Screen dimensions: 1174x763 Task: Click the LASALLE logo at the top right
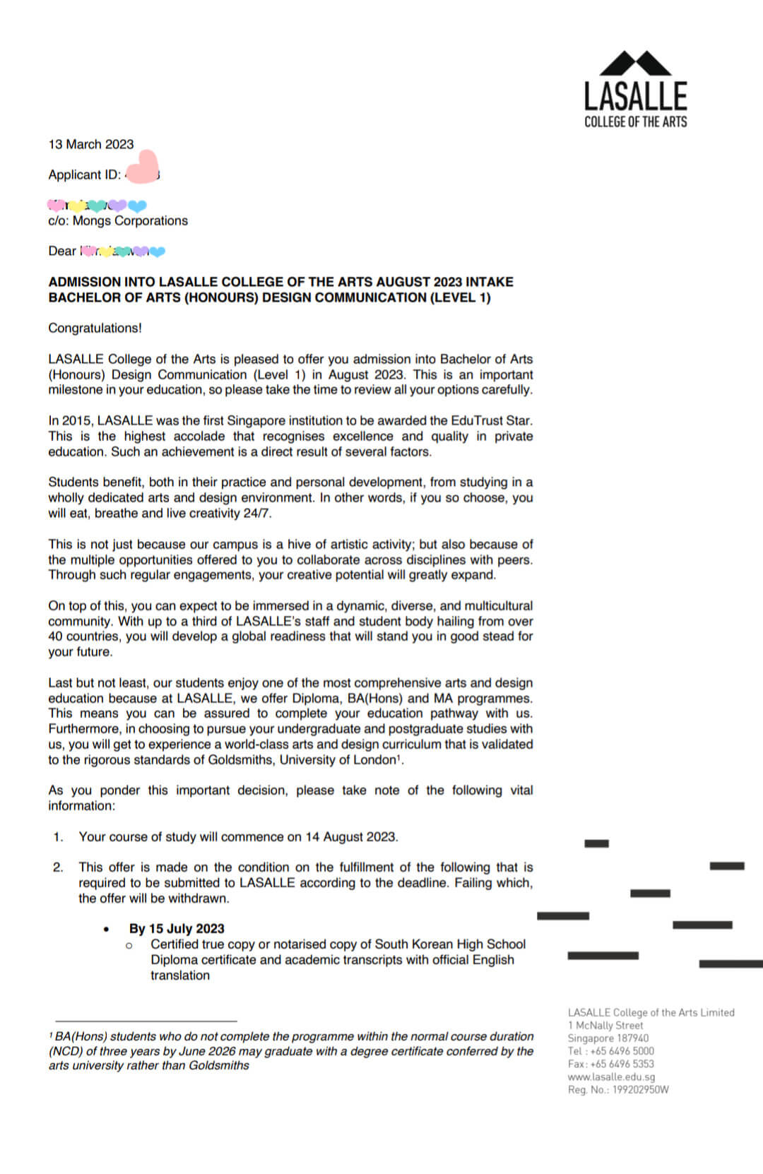(x=635, y=90)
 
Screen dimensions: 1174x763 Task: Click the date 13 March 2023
(x=90, y=144)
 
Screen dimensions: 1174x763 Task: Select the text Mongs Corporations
(x=130, y=220)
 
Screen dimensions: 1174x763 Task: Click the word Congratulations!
(x=95, y=328)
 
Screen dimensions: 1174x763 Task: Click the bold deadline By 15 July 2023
(x=177, y=928)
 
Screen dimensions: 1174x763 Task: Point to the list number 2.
(x=58, y=867)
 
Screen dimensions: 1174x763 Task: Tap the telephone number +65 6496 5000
(x=622, y=1051)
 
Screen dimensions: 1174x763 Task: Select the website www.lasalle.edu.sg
(x=611, y=1077)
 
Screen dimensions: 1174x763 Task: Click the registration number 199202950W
(x=639, y=1089)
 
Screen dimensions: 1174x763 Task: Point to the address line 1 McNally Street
(x=605, y=1025)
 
